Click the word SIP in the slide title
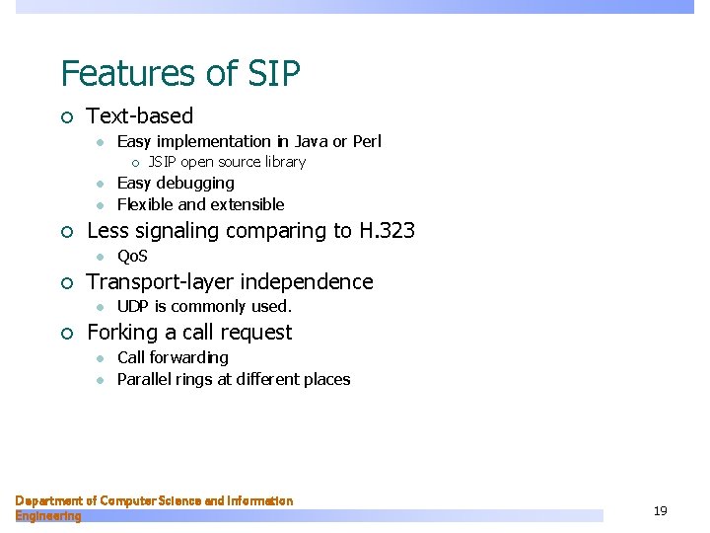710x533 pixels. pyautogui.click(x=274, y=74)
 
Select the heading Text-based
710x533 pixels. pyautogui.click(x=140, y=116)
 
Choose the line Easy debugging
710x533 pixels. pyautogui.click(x=176, y=184)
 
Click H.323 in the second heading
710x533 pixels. pyautogui.click(x=386, y=231)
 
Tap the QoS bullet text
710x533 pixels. pyautogui.click(x=132, y=257)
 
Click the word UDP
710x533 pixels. pyautogui.click(x=133, y=307)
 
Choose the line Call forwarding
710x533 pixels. pyautogui.click(x=173, y=357)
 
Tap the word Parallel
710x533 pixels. pyautogui.click(x=144, y=380)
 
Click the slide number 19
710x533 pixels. pyautogui.click(x=660, y=510)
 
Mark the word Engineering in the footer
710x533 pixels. pyautogui.click(x=48, y=515)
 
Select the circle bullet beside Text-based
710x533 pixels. pyautogui.click(x=66, y=117)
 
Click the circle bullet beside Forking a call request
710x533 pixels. pyautogui.click(x=66, y=334)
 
